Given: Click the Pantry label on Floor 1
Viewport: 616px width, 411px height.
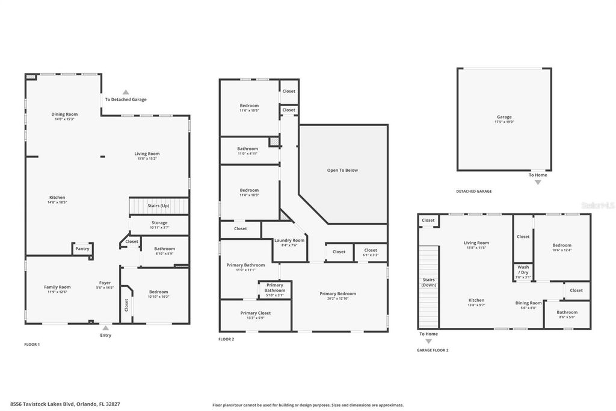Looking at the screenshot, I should [x=82, y=248].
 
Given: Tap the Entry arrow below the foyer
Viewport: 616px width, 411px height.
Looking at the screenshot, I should [x=105, y=328].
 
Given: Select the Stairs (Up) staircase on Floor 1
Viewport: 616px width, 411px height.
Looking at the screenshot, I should [x=159, y=205].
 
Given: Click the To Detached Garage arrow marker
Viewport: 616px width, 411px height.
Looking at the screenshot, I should [x=126, y=92].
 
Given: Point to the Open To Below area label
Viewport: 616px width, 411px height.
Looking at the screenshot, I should [x=342, y=170].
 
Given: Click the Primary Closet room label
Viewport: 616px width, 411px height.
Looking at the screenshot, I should [x=256, y=313].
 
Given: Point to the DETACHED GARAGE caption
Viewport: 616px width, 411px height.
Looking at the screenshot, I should [x=473, y=191].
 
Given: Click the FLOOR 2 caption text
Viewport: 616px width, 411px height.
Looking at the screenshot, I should [x=226, y=339].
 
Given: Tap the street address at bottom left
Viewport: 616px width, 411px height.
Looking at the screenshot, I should [x=69, y=404].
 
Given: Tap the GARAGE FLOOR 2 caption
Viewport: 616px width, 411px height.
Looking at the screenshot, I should [x=433, y=350].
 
